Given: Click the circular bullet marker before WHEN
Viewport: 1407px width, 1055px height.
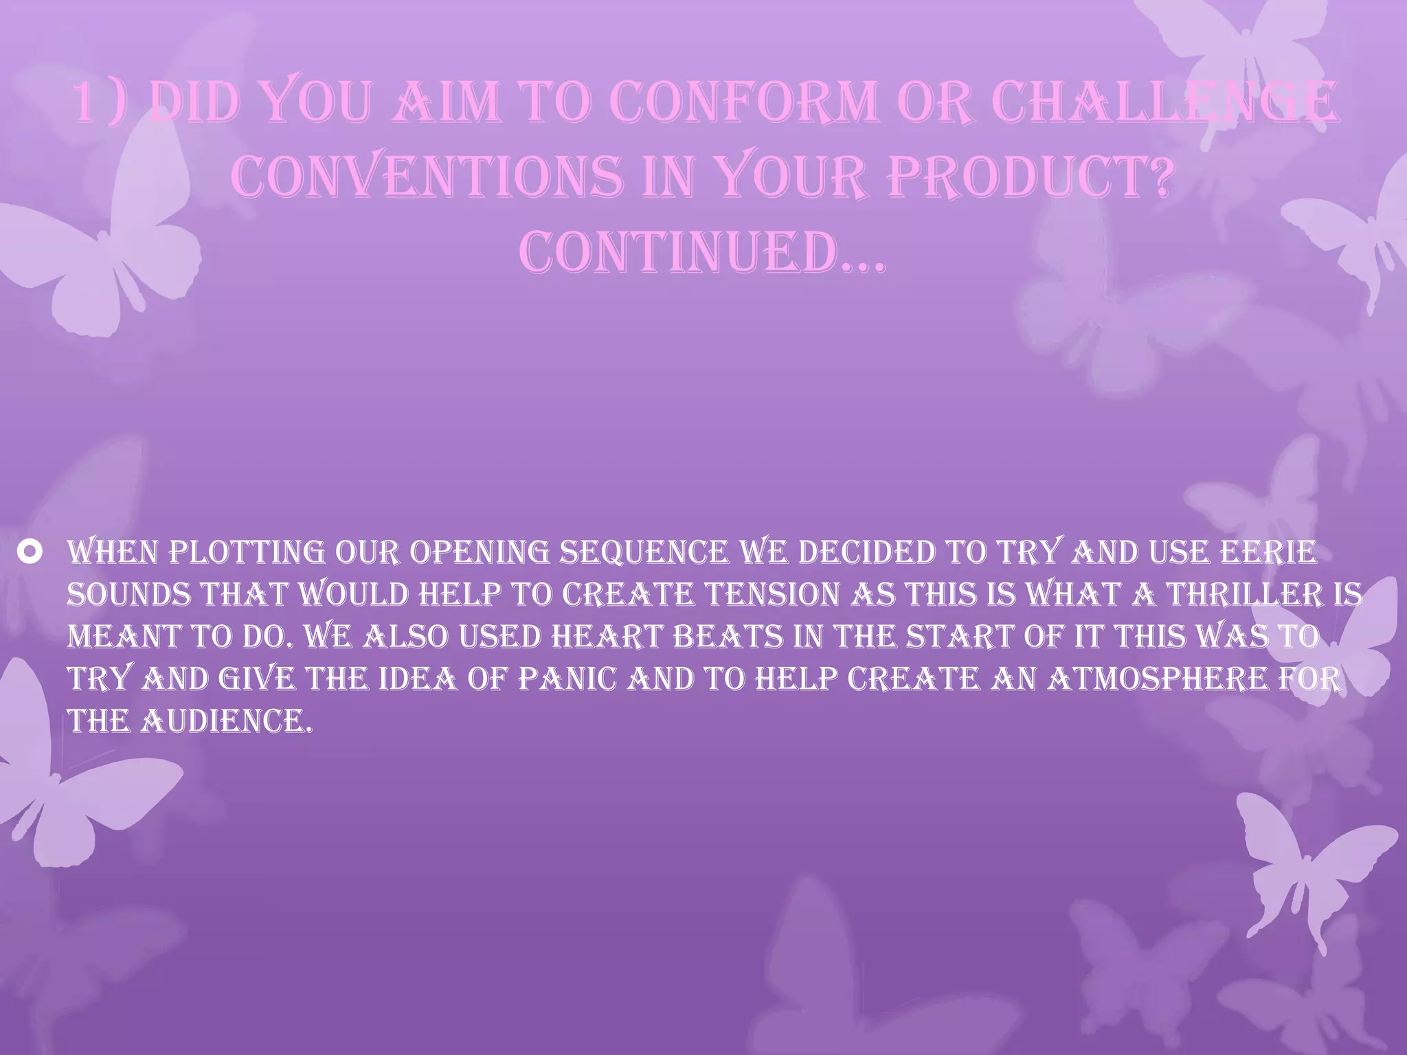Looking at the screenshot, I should point(34,553).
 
